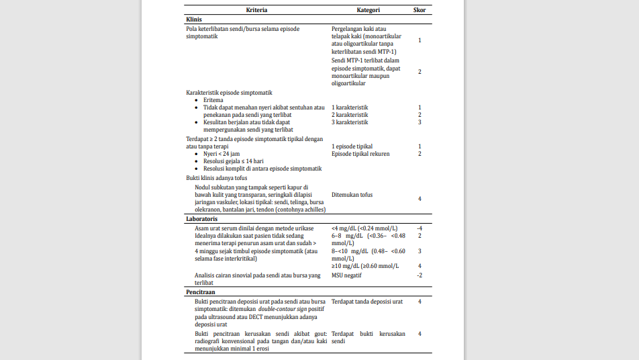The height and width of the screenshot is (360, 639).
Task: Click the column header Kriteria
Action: coord(257,10)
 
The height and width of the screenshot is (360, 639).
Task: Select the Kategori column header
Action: coord(368,10)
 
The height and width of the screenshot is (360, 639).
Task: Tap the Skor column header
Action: coord(420,10)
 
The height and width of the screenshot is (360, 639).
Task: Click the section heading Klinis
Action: coord(194,20)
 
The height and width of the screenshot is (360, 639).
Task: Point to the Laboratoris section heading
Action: coord(201,219)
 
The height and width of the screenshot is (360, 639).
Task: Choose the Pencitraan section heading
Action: coord(200,293)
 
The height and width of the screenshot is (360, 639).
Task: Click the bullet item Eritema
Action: coord(213,100)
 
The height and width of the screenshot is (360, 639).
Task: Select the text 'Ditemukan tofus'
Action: coord(352,195)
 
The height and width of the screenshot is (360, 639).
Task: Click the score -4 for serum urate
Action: coord(420,228)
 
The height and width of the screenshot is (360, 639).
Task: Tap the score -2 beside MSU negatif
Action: coord(420,275)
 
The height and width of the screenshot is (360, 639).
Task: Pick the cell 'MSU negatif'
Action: coord(346,275)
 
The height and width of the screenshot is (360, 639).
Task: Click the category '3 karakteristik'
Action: coord(350,122)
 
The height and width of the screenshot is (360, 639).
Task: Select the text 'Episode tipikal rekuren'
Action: coord(360,154)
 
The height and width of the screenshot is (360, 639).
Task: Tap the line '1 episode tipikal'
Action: coord(352,146)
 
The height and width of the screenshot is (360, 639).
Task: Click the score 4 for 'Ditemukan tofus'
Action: coord(420,199)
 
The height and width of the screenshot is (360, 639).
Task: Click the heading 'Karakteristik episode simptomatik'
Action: coord(229,93)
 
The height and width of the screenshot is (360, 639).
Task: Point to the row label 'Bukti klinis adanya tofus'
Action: coord(216,178)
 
